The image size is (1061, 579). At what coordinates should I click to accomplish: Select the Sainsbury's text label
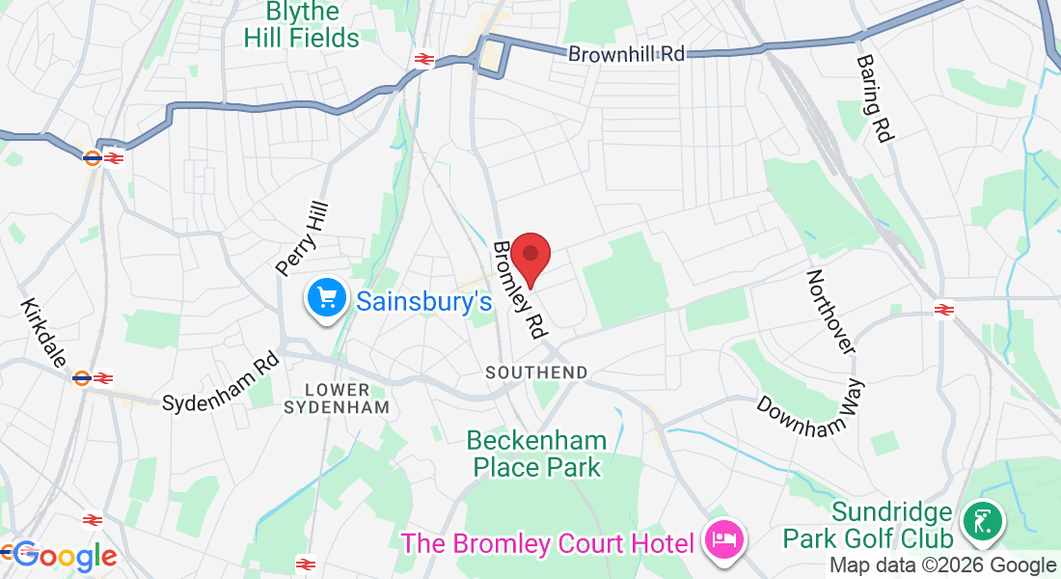point(424,301)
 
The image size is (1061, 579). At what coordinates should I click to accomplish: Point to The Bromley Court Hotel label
point(547,543)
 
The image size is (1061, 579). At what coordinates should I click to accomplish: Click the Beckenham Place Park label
point(537,455)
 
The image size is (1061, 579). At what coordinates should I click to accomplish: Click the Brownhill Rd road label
point(626,54)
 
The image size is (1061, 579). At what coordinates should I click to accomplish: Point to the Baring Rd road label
point(874,97)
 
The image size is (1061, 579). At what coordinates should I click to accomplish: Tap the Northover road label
point(830,311)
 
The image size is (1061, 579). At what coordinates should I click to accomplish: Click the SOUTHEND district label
point(536,372)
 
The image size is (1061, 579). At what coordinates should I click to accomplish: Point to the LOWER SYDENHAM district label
point(337,399)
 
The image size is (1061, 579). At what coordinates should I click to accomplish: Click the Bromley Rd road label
point(518,289)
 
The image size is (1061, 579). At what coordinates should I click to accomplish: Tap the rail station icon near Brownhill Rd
point(422,60)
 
